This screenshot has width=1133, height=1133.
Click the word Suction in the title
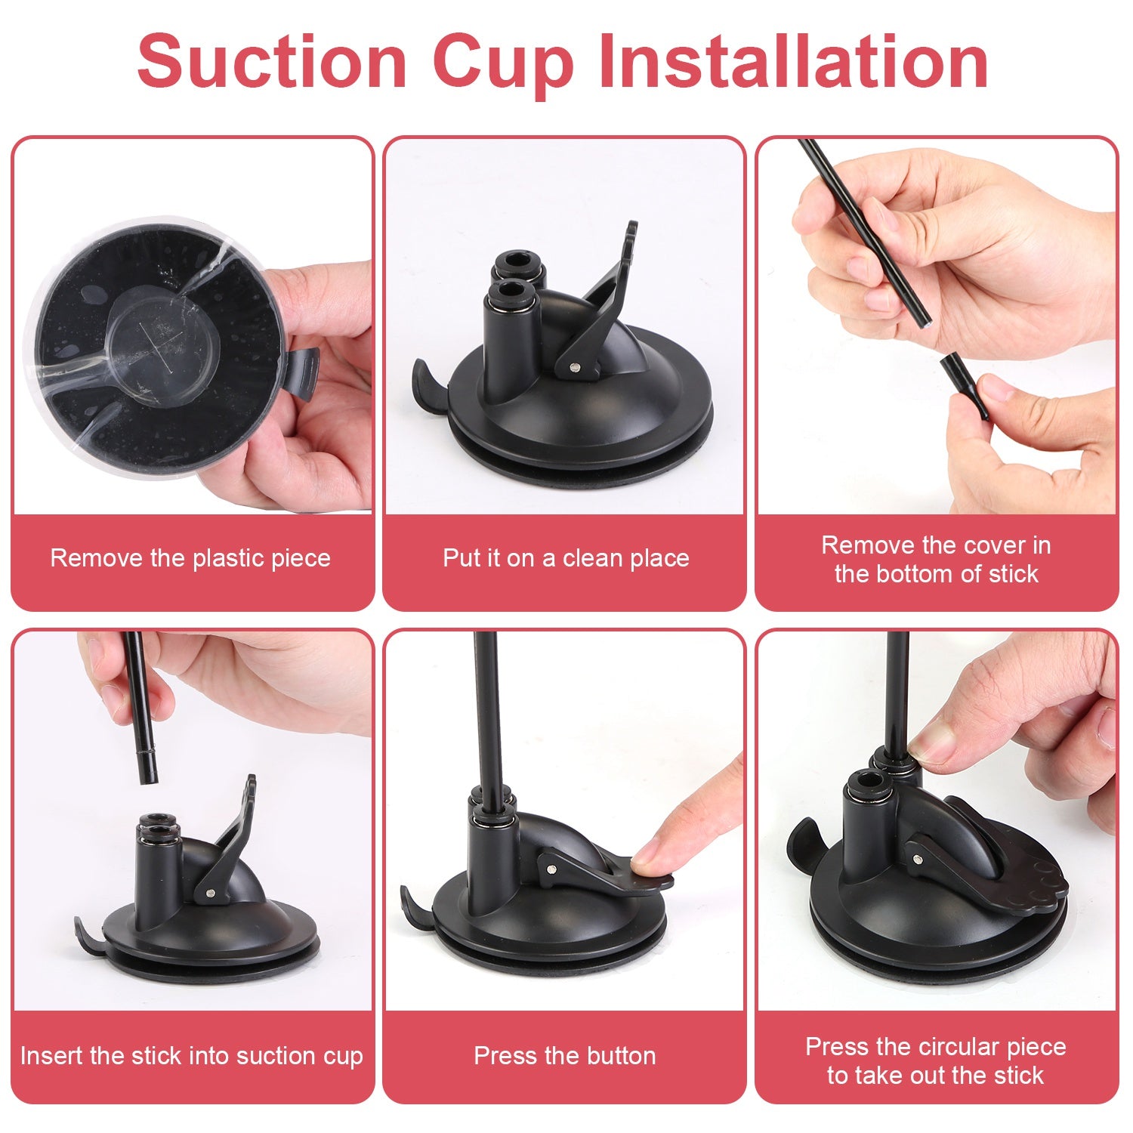[272, 62]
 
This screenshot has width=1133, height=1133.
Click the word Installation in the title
[793, 62]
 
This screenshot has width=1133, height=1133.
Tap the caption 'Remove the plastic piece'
[190, 558]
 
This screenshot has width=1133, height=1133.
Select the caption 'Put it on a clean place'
[566, 558]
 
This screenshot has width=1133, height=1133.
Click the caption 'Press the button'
[565, 1055]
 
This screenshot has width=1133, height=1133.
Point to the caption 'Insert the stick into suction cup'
[192, 1055]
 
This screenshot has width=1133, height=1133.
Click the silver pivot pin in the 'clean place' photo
[576, 368]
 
